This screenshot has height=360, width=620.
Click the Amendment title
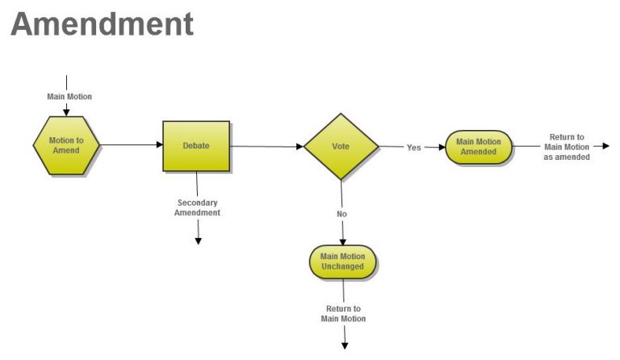[x=102, y=24]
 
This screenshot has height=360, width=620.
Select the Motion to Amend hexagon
[x=66, y=145]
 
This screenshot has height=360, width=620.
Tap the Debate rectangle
[x=196, y=146]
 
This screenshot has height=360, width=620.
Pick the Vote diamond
[x=341, y=147]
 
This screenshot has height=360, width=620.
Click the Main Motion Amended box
[x=479, y=147]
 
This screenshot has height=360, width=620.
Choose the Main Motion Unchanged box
[x=342, y=262]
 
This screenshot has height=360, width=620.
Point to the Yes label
[x=413, y=148]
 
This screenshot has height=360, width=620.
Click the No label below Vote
[x=341, y=214]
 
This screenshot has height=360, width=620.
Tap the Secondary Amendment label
[x=197, y=207]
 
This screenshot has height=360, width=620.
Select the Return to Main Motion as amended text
[x=567, y=147]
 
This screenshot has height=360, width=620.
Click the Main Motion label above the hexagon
[x=69, y=96]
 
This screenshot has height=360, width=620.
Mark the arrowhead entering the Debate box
[x=160, y=144]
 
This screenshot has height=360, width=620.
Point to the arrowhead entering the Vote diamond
[x=300, y=147]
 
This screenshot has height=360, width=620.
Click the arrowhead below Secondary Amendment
[x=199, y=241]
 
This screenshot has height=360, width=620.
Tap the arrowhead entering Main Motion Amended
[x=442, y=148]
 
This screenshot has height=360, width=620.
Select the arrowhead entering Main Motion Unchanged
[x=343, y=242]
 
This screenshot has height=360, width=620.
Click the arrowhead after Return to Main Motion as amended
[x=605, y=146]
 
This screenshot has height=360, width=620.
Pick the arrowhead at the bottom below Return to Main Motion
[x=345, y=346]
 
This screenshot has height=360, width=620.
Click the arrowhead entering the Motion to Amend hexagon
[x=66, y=113]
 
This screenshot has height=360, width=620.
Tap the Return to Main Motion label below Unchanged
[x=343, y=314]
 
